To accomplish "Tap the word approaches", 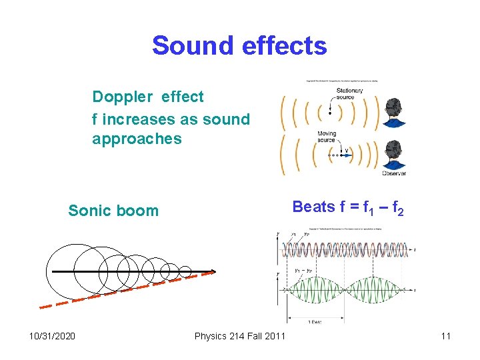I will [x=137, y=139].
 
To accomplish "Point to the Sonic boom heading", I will [x=113, y=211].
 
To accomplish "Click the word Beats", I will [x=314, y=207].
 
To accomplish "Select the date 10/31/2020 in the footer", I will [x=52, y=335].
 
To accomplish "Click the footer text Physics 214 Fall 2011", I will [x=239, y=335].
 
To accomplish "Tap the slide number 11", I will [x=445, y=335].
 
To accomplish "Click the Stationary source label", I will [x=349, y=94].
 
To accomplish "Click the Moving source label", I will [x=327, y=137].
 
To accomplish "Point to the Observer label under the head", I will [x=393, y=173].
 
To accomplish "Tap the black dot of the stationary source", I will [x=329, y=113].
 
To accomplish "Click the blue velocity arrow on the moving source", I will [x=344, y=153].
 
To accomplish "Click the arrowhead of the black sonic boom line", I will [x=213, y=272].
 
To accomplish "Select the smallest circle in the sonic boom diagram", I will [x=185, y=271].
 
